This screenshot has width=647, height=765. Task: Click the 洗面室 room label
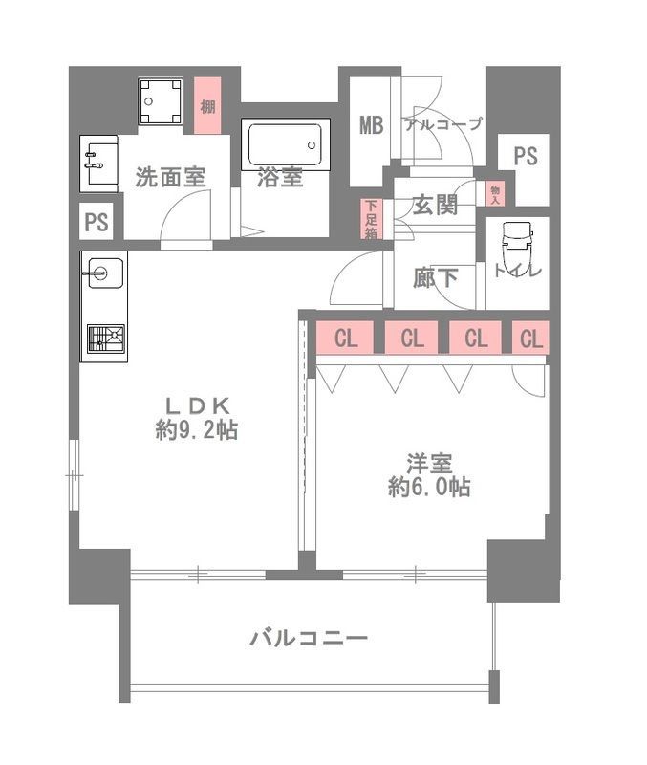click(x=170, y=177)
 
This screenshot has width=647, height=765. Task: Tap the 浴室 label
click(x=280, y=177)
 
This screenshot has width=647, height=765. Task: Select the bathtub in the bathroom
click(x=286, y=145)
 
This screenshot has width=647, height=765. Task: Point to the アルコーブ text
click(x=442, y=124)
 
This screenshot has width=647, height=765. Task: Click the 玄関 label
click(x=434, y=204)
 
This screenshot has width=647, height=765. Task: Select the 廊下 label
click(x=434, y=278)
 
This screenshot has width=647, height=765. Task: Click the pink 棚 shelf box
click(x=207, y=105)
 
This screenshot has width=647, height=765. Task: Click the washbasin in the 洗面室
click(x=98, y=164)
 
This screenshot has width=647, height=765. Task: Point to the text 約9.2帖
click(x=196, y=430)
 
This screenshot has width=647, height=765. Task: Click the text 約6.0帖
click(x=428, y=487)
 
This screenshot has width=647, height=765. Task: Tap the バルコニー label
click(x=309, y=638)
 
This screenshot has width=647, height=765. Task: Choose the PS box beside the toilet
click(x=525, y=157)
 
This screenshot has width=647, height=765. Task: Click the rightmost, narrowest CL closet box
click(x=531, y=339)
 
